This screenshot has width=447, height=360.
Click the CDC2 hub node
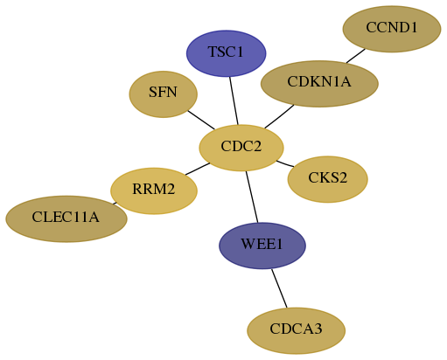point(241,148)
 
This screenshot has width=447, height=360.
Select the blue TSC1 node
point(227,53)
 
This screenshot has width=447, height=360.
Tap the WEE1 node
point(262,246)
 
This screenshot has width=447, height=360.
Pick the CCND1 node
point(392,29)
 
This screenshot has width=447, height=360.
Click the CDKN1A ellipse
point(319,84)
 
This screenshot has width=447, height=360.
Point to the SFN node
point(164,94)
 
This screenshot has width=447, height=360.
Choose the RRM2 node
point(154,190)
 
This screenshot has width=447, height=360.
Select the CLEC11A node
point(66,218)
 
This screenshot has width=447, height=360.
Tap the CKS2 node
point(328,179)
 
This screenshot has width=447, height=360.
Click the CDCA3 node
point(297,330)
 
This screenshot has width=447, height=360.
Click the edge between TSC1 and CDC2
point(234,100)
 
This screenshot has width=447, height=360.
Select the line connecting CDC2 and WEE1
point(252,197)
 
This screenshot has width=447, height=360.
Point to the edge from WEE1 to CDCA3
point(279,288)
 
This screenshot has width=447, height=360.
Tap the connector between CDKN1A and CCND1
point(356,56)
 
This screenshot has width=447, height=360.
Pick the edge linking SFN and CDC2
point(201,120)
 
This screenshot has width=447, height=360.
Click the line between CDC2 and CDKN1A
point(279,116)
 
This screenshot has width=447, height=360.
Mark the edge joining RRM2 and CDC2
point(198,169)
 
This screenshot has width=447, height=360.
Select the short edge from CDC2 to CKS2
point(285,163)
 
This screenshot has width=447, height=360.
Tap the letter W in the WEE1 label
point(248,244)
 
